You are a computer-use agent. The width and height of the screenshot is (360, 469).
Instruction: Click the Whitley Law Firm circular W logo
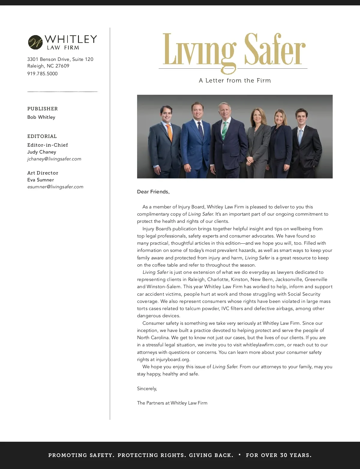tap(35, 42)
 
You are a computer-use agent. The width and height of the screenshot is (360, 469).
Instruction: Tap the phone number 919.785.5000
tap(42, 74)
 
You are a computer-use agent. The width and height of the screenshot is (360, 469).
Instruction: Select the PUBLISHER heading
tap(43, 109)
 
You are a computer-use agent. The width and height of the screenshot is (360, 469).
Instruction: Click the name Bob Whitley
tap(41, 117)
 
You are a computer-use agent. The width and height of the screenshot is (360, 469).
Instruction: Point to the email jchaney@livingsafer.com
tap(54, 159)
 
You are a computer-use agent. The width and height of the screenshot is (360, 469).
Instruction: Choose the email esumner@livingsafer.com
tap(55, 187)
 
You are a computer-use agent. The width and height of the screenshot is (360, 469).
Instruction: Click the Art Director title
tap(43, 173)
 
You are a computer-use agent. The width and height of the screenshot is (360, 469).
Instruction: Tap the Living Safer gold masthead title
tap(234, 50)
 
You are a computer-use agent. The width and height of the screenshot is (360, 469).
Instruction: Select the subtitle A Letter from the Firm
tap(235, 81)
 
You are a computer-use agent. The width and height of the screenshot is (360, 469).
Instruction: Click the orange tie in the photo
tap(169, 132)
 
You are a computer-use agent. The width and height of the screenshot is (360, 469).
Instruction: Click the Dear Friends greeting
tap(153, 192)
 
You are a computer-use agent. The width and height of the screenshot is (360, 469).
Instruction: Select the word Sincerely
tap(147, 389)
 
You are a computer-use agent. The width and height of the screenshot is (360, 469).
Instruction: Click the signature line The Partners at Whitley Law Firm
tap(172, 403)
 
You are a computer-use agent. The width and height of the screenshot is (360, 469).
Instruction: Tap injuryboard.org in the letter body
tap(173, 360)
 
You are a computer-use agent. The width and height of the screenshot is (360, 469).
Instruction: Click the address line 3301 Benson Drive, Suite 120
tap(60, 59)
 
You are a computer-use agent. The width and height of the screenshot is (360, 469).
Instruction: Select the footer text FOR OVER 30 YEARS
tap(279, 455)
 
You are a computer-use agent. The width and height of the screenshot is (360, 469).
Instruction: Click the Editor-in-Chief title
tap(48, 145)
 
